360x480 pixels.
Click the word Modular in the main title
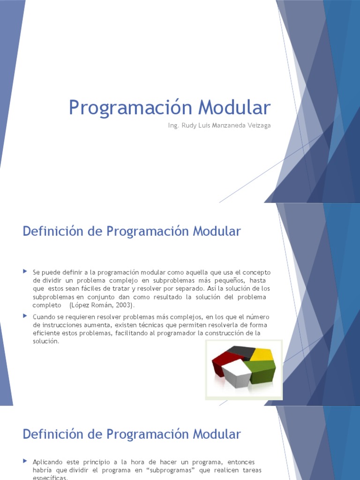[234, 107]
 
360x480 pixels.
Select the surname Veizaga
[257, 126]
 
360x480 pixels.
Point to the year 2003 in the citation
[124, 305]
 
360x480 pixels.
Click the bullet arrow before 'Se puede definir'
[25, 272]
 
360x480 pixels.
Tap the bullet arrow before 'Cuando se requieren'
[25, 316]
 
